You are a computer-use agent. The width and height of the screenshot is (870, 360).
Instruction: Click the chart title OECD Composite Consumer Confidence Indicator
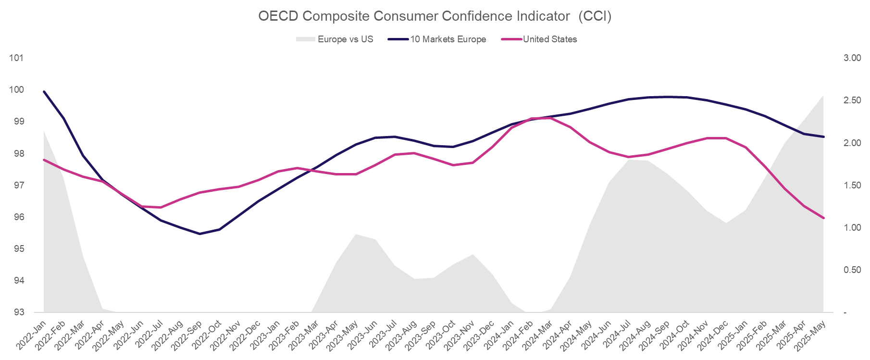[x=435, y=16]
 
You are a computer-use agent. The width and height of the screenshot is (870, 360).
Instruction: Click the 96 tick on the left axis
[x=18, y=217]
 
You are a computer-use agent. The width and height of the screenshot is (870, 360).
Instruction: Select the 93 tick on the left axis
[x=18, y=312]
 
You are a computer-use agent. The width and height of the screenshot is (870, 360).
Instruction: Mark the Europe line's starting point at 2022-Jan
[x=44, y=91]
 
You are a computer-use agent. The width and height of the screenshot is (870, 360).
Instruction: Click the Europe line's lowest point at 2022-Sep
[x=200, y=234]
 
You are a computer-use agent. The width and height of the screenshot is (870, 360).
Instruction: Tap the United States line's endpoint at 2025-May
[x=823, y=218]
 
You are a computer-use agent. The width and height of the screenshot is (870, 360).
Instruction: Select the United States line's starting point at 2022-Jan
[x=44, y=160]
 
